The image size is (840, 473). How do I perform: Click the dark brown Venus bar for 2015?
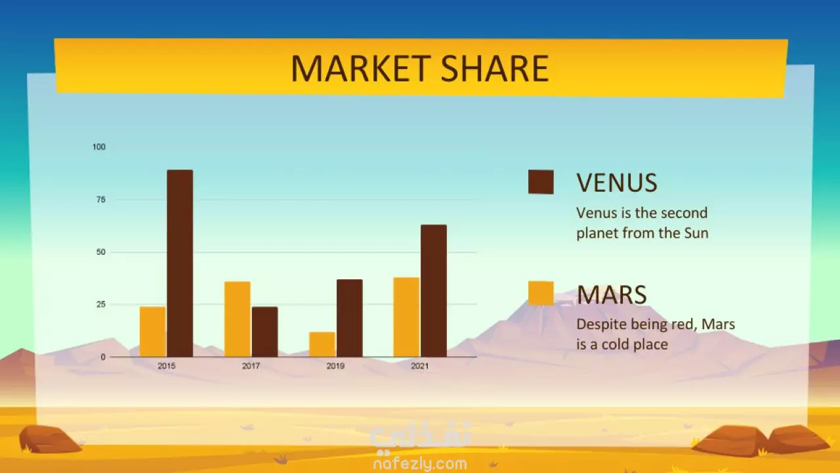click(180, 263)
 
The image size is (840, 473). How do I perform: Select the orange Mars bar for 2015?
click(153, 332)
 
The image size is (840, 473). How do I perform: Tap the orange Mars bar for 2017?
click(238, 319)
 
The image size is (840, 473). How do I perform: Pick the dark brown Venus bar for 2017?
click(264, 332)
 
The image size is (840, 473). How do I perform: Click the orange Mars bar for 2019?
click(322, 344)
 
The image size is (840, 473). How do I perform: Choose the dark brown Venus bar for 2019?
click(350, 318)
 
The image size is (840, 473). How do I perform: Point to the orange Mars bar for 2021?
click(406, 317)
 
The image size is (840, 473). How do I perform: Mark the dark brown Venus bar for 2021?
click(434, 291)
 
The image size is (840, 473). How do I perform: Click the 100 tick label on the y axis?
click(99, 146)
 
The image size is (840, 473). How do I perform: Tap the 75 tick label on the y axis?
click(101, 200)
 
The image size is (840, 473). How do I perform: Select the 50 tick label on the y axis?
click(101, 252)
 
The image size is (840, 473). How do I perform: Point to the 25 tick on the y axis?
click(101, 304)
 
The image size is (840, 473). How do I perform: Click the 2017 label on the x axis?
click(251, 366)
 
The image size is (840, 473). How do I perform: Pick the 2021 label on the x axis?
click(419, 366)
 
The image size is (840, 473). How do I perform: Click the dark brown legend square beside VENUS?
click(541, 182)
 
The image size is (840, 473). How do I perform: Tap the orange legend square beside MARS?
click(541, 293)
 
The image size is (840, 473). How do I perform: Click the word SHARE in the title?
click(495, 68)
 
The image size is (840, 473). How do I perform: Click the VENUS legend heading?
click(617, 183)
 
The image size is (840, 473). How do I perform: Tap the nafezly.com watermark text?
click(420, 464)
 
